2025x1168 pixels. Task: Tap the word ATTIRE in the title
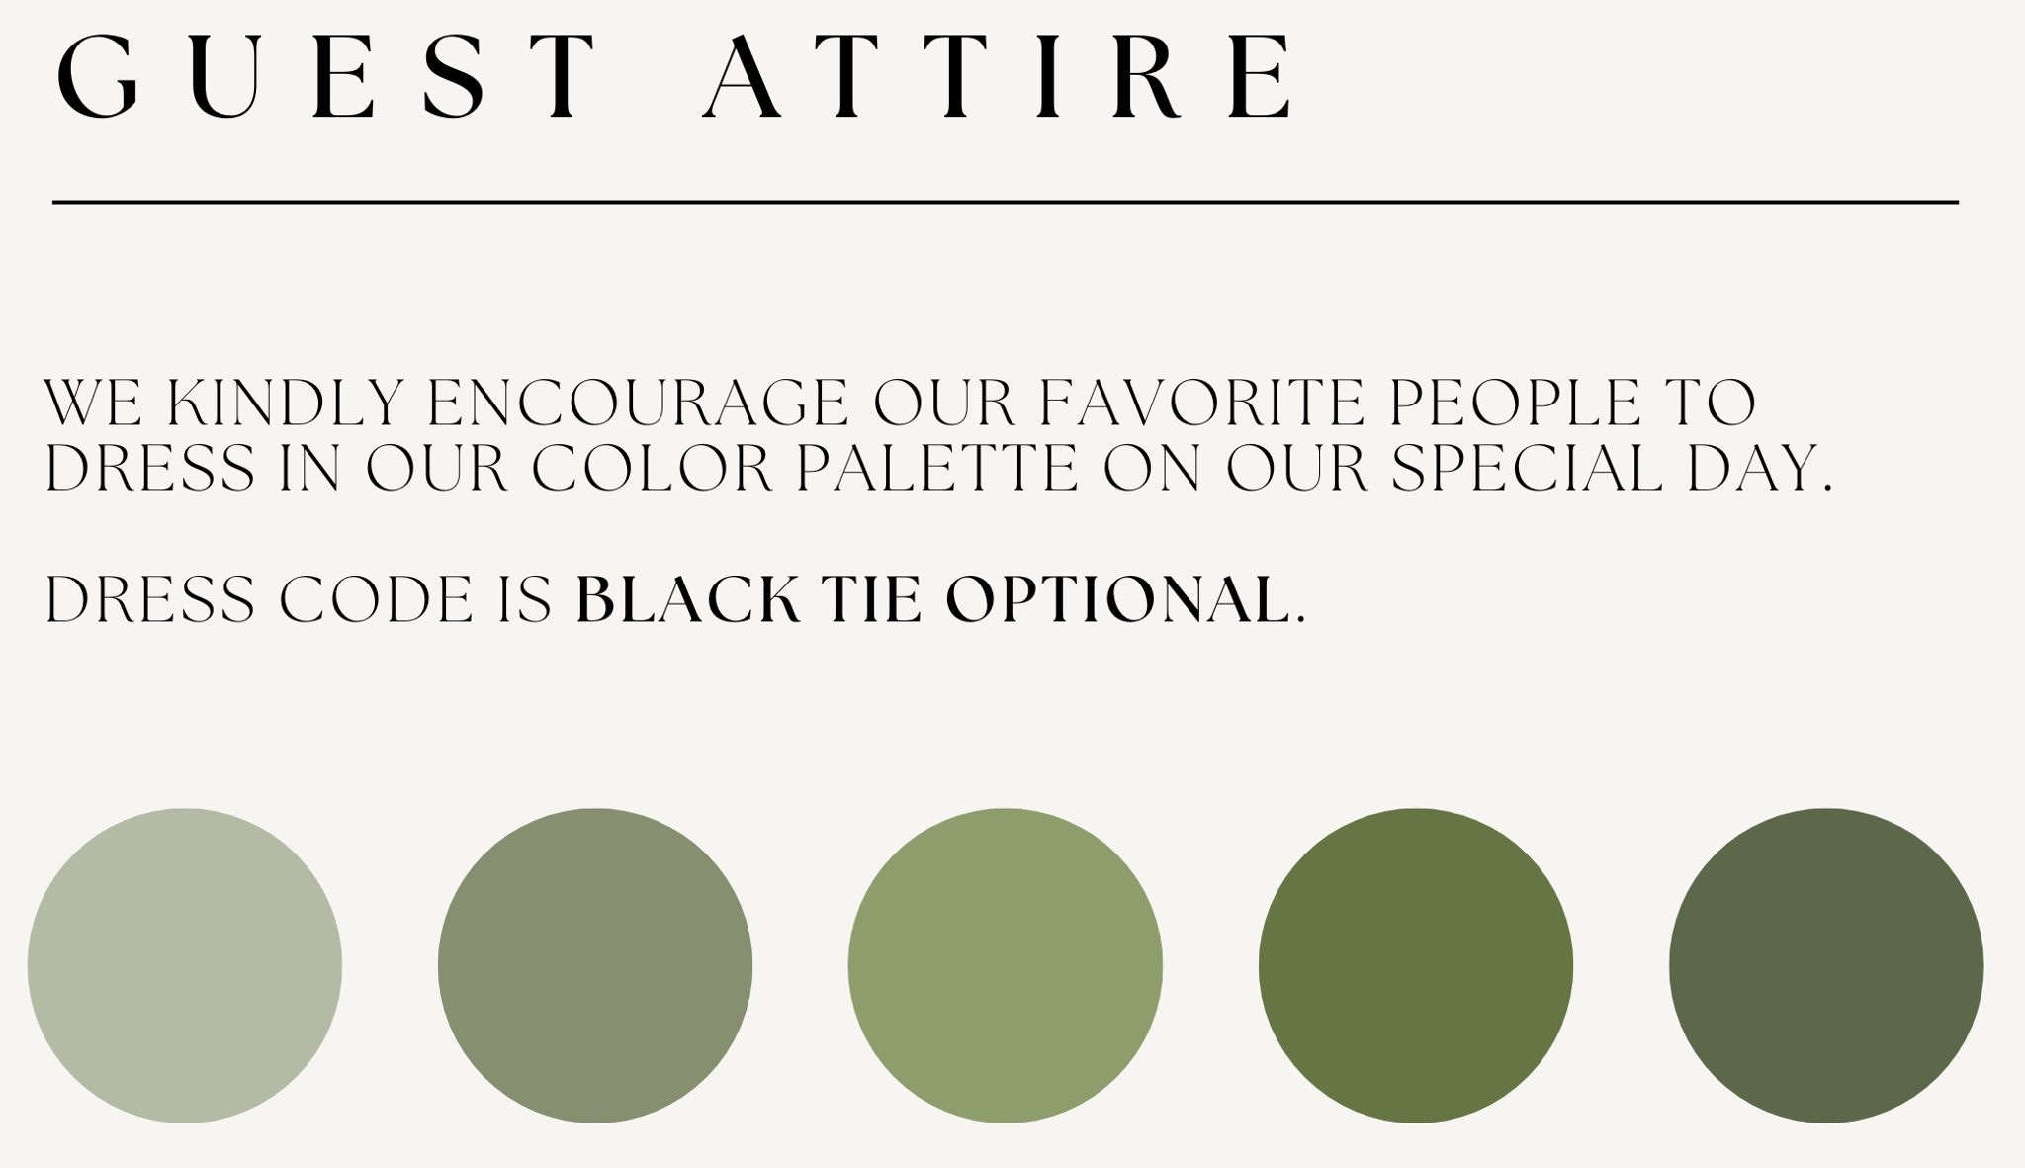997,77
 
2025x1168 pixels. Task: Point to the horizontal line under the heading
1006,202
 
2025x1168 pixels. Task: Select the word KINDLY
285,403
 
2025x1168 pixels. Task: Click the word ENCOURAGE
638,403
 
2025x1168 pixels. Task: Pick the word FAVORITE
1201,403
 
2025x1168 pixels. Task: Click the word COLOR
653,468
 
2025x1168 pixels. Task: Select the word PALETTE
937,468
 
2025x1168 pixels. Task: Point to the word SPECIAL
1527,468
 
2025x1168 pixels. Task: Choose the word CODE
376,599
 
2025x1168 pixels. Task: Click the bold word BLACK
687,599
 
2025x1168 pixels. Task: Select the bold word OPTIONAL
1118,599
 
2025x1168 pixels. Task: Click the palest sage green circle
185,965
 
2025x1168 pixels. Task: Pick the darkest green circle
1826,965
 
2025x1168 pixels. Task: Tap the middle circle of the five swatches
1006,965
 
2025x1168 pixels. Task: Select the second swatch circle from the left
595,965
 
